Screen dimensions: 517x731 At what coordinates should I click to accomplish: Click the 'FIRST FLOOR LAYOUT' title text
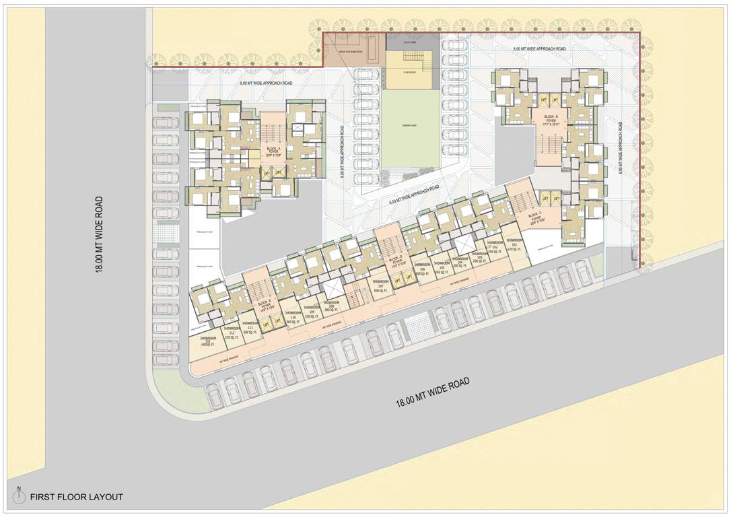click(76, 497)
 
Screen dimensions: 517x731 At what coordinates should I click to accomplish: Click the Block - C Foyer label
click(536, 217)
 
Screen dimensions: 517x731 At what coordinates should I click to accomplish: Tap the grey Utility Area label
click(411, 42)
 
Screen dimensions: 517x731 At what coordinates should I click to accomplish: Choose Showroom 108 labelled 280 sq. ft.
click(331, 307)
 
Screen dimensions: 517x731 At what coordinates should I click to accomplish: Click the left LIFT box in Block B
click(543, 100)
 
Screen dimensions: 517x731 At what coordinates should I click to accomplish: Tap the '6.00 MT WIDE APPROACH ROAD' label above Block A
click(267, 83)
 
